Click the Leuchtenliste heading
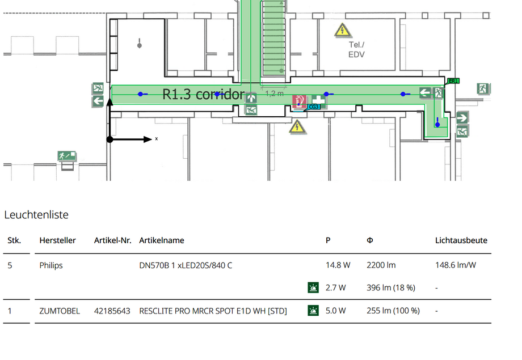(36, 215)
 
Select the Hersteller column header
(58, 240)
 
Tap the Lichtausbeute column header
(461, 240)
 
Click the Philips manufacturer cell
(51, 265)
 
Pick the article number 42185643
(112, 311)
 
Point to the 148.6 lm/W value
(456, 265)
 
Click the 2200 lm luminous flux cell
(381, 265)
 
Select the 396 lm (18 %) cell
(391, 288)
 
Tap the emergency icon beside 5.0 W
(313, 311)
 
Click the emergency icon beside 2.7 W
(313, 287)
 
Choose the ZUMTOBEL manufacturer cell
(60, 311)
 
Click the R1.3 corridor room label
(203, 95)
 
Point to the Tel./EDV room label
(356, 49)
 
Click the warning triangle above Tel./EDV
(343, 30)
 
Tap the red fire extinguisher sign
(299, 101)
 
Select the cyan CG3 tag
(314, 107)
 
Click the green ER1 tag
(453, 81)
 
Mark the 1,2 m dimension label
(274, 94)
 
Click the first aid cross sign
(319, 100)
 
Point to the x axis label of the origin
(157, 139)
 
